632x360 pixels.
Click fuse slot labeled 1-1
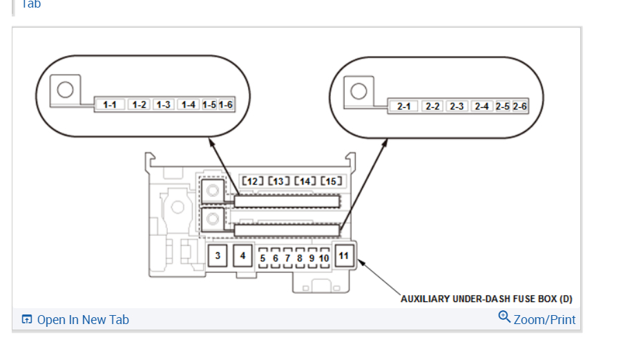(x=109, y=105)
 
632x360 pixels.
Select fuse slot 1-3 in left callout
(x=163, y=105)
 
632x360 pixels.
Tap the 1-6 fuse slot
(x=225, y=105)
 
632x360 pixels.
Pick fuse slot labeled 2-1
(x=404, y=106)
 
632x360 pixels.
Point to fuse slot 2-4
(x=481, y=106)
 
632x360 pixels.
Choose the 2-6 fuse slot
(x=520, y=106)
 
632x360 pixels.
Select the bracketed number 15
(x=331, y=181)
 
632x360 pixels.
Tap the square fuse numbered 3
(x=218, y=256)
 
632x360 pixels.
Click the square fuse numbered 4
(x=242, y=256)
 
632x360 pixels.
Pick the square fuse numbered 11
(x=344, y=256)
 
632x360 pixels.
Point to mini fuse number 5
(x=262, y=258)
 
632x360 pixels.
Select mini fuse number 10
(x=324, y=258)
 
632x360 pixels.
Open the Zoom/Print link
(x=544, y=320)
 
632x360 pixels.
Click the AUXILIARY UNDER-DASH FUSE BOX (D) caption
(x=486, y=299)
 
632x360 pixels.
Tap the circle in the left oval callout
(x=66, y=90)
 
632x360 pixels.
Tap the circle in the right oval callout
(x=358, y=91)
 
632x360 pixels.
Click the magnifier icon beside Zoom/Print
(x=505, y=317)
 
